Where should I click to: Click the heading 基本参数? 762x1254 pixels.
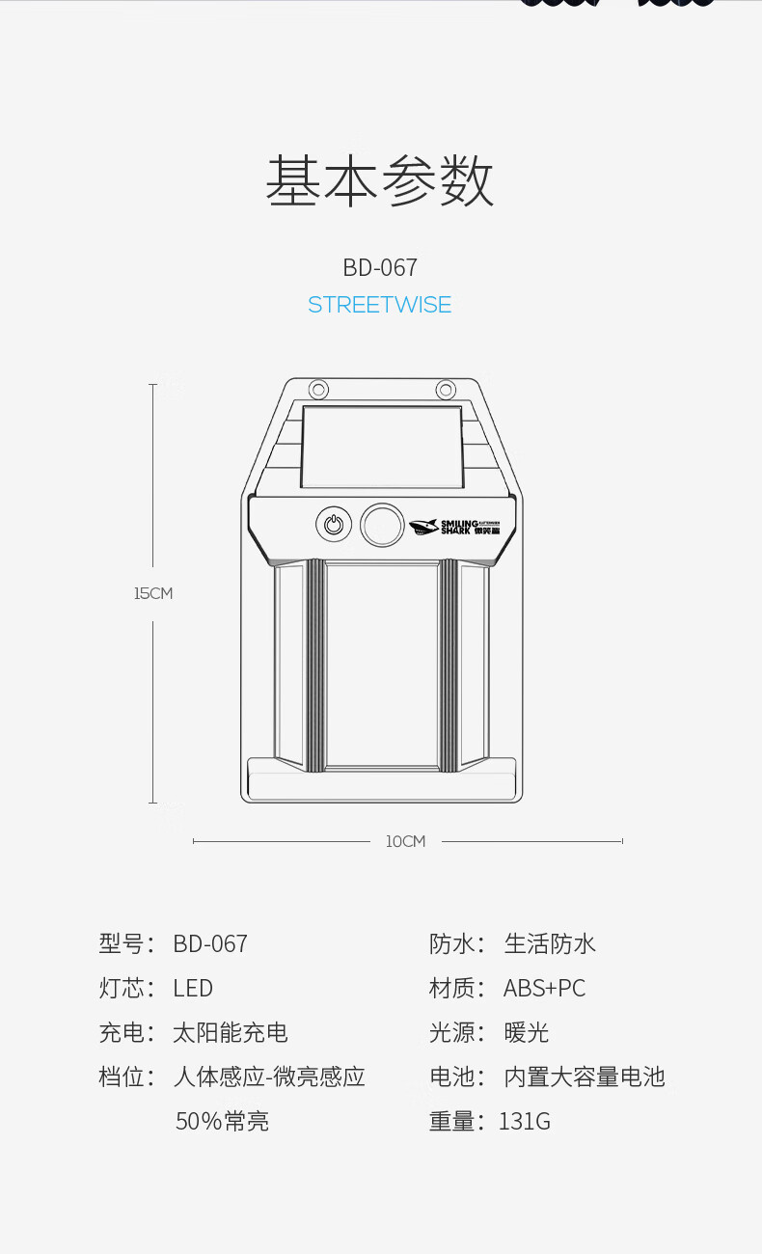point(380,181)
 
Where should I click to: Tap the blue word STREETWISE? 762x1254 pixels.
point(380,305)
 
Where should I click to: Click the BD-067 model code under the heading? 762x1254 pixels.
point(380,267)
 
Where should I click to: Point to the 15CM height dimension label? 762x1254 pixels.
point(153,593)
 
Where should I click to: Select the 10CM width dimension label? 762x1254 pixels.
point(405,841)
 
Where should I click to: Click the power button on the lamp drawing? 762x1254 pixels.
point(333,525)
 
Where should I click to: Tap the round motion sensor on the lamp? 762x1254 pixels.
point(382,525)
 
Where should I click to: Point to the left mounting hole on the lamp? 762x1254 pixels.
point(317,390)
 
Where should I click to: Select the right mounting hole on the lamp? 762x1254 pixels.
point(445,390)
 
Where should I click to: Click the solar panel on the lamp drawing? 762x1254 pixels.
point(382,448)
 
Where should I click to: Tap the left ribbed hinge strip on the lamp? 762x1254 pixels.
point(314,666)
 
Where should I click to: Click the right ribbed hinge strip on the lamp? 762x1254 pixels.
point(449,666)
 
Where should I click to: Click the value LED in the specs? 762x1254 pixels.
point(193,989)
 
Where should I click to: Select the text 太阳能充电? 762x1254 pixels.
point(231,1033)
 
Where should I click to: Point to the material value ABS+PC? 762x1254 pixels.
point(544,989)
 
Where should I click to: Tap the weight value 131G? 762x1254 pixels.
point(525,1122)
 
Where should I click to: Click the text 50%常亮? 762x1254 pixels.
point(222,1122)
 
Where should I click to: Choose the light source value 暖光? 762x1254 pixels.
point(527,1033)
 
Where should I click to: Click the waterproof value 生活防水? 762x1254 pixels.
point(550,944)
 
